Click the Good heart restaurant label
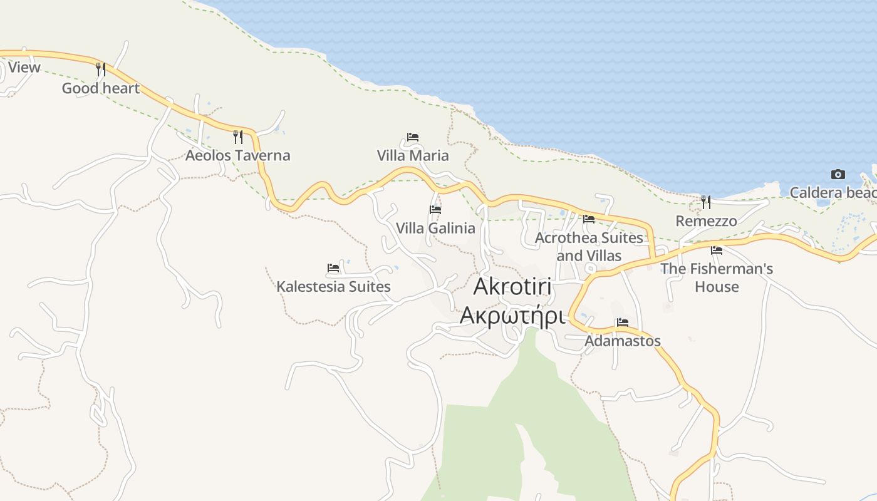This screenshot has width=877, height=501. (x=100, y=88)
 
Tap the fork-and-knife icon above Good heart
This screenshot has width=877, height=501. (x=101, y=69)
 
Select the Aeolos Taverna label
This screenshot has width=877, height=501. (x=237, y=155)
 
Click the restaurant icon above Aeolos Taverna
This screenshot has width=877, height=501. (x=238, y=137)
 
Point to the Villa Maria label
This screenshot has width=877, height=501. (x=413, y=155)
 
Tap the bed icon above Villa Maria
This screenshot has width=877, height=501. (x=412, y=137)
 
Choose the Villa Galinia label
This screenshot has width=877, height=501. (x=435, y=228)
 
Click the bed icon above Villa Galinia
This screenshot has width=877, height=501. (x=435, y=209)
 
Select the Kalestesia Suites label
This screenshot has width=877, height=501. (x=333, y=287)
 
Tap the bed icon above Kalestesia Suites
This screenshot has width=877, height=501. (x=333, y=268)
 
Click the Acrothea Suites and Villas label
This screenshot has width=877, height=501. (x=589, y=247)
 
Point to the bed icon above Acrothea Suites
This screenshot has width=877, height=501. (x=589, y=219)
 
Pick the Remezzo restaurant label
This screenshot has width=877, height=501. (x=706, y=221)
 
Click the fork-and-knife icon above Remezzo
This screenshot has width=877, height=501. (x=706, y=202)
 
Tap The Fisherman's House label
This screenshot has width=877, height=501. (x=717, y=277)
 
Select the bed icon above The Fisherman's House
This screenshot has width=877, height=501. (x=717, y=250)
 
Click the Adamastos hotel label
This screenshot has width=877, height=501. (x=622, y=341)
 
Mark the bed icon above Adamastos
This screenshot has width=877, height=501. (x=622, y=323)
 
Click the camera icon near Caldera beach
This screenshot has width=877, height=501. (x=838, y=174)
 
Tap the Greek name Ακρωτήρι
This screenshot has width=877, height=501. (x=512, y=316)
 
